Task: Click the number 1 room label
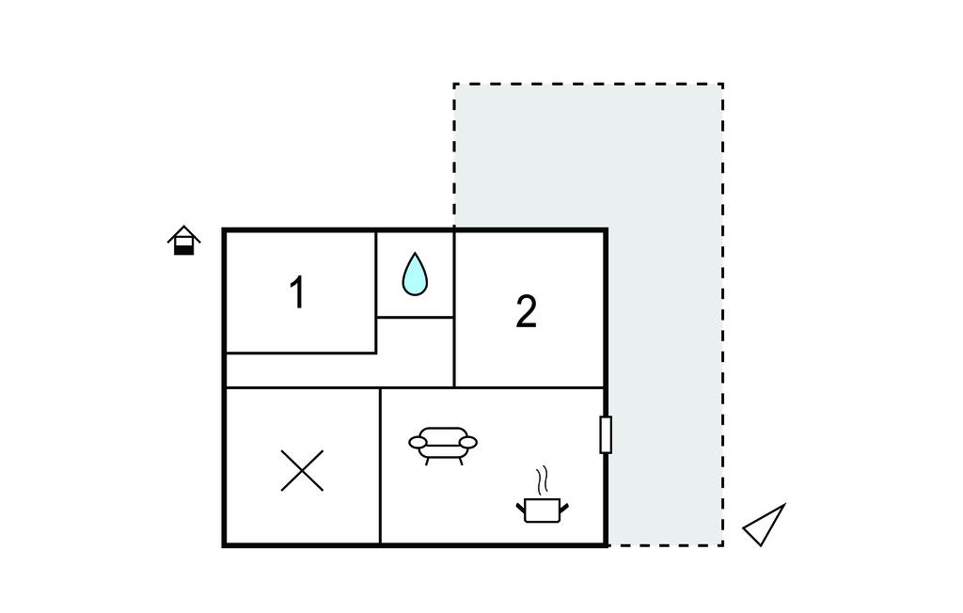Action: point(297,293)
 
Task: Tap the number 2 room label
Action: point(526,312)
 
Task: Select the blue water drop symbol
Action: point(415,274)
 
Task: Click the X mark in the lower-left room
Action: point(302,470)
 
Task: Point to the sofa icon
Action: point(443,444)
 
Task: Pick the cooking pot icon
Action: point(542,509)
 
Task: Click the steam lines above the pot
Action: point(541,481)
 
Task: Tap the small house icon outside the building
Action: point(184,241)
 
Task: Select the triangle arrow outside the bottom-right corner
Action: point(765,526)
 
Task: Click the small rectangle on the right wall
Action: point(606,434)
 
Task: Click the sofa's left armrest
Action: point(418,442)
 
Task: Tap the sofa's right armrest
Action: point(468,442)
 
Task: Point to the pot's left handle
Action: point(520,509)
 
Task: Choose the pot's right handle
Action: point(563,509)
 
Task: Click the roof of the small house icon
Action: point(184,233)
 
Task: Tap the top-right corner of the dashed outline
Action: point(722,84)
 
